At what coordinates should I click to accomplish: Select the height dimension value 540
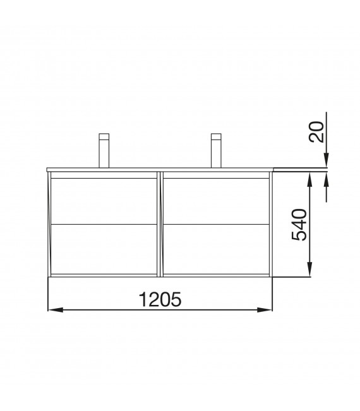coord(299,225)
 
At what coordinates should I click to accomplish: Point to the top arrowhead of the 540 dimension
coord(310,180)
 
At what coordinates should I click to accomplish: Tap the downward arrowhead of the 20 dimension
coord(327,163)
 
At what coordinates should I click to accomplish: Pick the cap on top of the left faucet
coord(105,136)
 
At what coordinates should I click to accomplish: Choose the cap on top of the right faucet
coord(216,136)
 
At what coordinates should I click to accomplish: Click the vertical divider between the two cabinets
coord(160,224)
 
